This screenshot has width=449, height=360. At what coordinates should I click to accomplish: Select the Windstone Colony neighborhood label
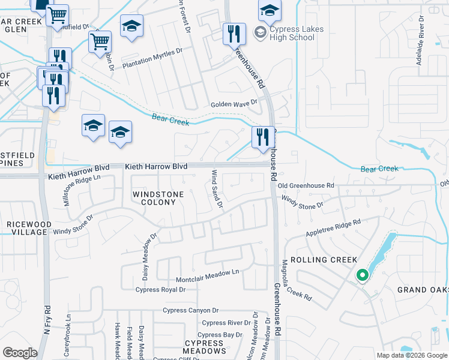(x=154, y=198)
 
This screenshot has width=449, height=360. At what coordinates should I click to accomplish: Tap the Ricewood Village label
(x=26, y=228)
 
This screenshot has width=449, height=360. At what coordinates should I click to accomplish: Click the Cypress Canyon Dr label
(x=190, y=310)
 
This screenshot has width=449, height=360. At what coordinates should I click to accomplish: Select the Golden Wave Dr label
(x=234, y=104)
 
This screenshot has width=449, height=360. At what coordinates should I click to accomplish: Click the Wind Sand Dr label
(x=217, y=190)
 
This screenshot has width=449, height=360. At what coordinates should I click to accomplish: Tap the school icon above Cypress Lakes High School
(x=270, y=10)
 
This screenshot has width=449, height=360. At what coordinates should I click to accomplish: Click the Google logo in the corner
(x=20, y=353)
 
